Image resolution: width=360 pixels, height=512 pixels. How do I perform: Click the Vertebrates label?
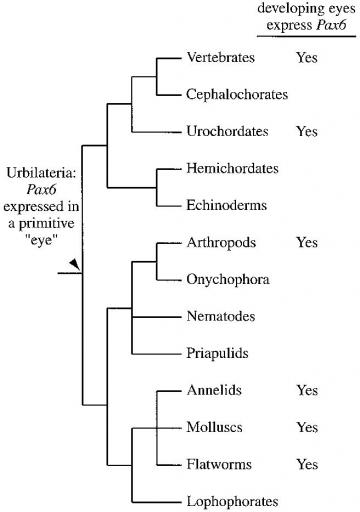pyautogui.click(x=221, y=58)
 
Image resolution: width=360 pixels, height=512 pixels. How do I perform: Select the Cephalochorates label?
pyautogui.click(x=237, y=94)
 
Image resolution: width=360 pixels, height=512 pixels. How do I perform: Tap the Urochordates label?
pyautogui.click(x=225, y=131)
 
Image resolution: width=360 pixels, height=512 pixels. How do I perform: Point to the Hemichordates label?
pyautogui.click(x=229, y=168)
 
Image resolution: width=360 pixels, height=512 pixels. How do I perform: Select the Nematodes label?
pyautogui.click(x=221, y=316)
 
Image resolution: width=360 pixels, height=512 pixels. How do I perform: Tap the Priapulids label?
pyautogui.click(x=219, y=353)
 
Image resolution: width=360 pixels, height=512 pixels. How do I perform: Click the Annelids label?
pyautogui.click(x=215, y=390)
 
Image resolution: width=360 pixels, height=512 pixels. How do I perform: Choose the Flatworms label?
pyautogui.click(x=217, y=464)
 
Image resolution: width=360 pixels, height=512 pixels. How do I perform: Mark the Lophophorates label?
pyautogui.click(x=231, y=501)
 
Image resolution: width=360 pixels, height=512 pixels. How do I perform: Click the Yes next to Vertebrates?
pyautogui.click(x=306, y=58)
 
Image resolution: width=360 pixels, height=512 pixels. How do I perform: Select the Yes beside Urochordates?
pyautogui.click(x=306, y=131)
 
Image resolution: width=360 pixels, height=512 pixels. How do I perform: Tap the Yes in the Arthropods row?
pyautogui.click(x=306, y=242)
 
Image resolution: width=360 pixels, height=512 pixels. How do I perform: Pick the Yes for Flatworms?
pyautogui.click(x=306, y=464)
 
